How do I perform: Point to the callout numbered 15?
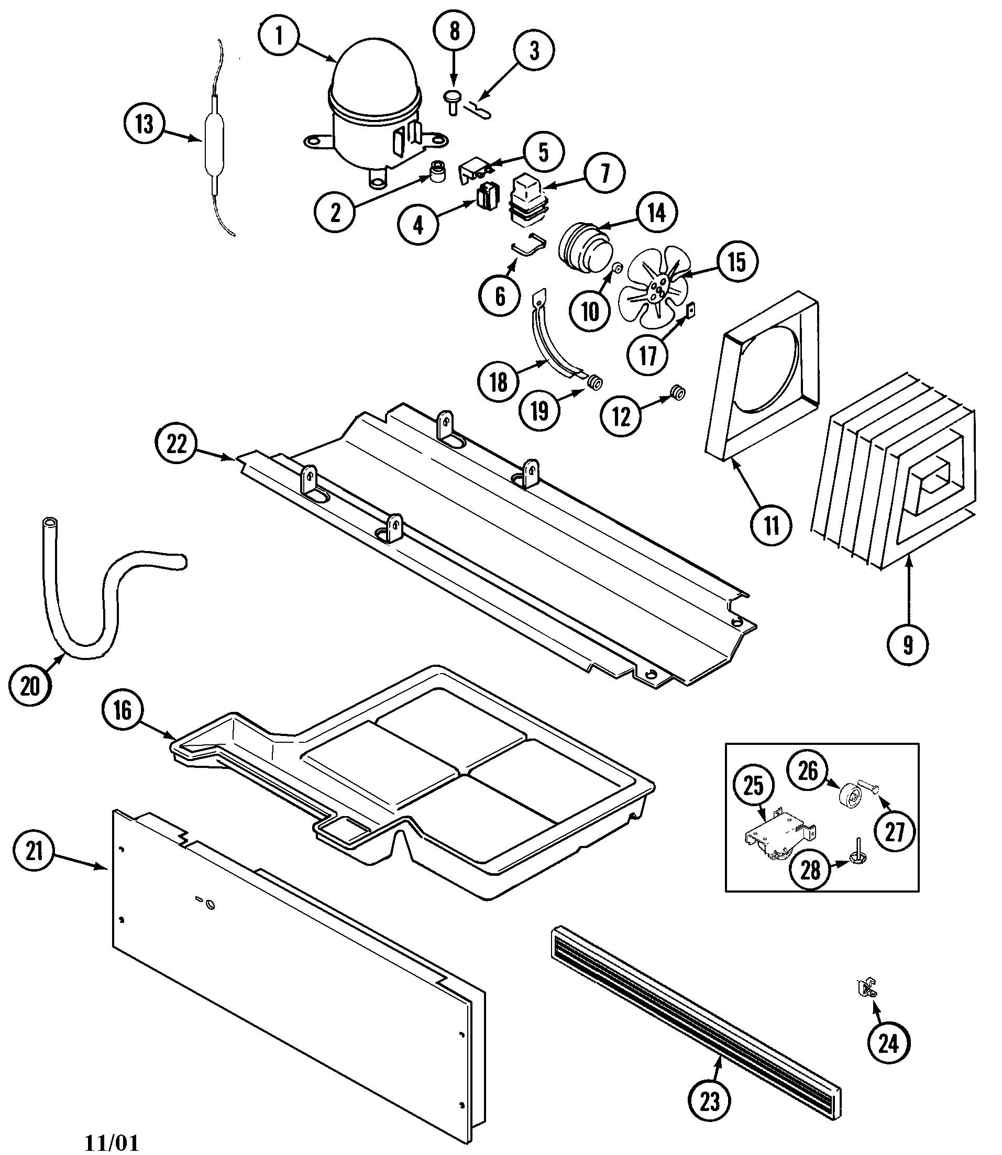click(737, 261)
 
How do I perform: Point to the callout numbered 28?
click(810, 870)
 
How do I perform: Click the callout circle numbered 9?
click(908, 645)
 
